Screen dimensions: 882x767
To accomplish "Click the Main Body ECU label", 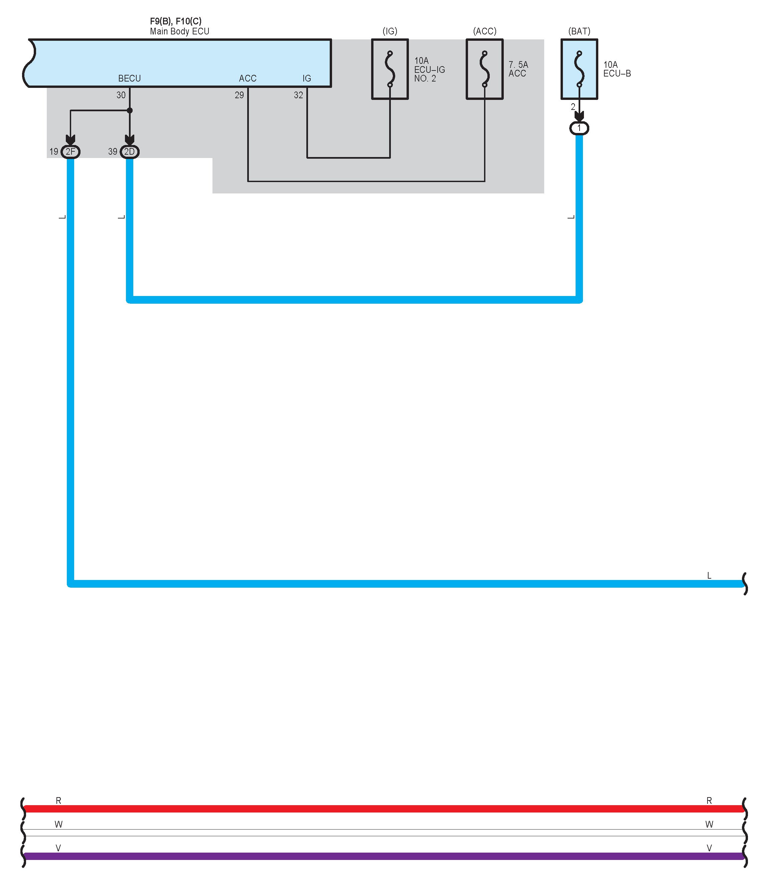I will (x=179, y=31).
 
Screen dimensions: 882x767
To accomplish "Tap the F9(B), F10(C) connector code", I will (x=175, y=21).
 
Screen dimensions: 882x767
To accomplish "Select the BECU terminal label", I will (x=129, y=78).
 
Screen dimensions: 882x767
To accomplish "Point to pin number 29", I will (x=239, y=95).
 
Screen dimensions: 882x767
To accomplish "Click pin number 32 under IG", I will (x=298, y=95).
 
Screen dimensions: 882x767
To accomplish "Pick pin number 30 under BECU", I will (x=121, y=95).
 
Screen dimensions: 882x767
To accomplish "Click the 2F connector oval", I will (x=70, y=151).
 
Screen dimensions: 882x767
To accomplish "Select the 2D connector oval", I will (x=129, y=151).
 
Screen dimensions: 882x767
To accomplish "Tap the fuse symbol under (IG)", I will (x=390, y=69).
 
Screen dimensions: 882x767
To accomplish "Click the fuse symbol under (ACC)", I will (x=484, y=69).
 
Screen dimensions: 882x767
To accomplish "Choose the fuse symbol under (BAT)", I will (x=579, y=69).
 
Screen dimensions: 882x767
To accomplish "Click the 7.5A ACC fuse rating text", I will (x=518, y=69).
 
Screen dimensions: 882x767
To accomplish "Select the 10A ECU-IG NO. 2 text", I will (x=429, y=69).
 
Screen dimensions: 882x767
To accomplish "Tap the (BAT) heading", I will (x=579, y=31).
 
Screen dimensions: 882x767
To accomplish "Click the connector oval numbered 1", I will (x=579, y=128).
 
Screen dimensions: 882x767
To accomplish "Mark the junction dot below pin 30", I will (x=130, y=110).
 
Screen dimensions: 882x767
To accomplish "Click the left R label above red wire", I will (x=59, y=800).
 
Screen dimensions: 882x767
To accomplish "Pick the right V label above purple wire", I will (x=709, y=848).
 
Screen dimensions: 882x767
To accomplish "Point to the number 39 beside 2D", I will (x=113, y=151).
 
